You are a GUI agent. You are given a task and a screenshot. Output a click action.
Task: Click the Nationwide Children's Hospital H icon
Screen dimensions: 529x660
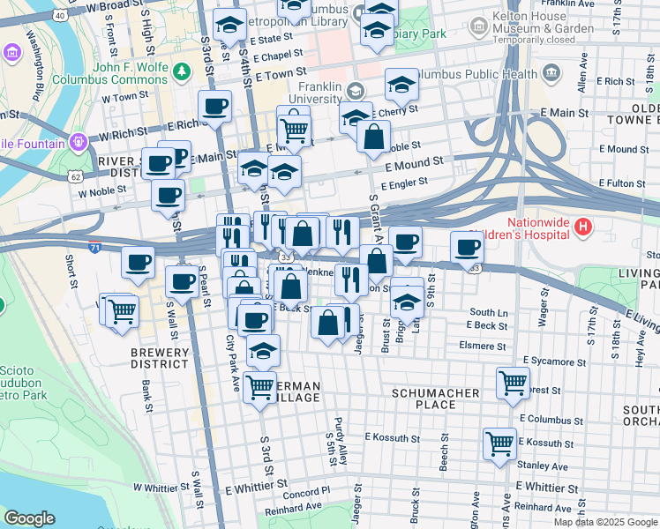click(582, 227)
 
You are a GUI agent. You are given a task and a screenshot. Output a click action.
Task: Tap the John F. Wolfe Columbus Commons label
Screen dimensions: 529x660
click(130, 73)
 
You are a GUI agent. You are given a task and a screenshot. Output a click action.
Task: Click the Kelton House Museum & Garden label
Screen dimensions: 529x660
click(544, 29)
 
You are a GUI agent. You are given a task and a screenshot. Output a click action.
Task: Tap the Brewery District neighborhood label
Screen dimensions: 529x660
click(160, 358)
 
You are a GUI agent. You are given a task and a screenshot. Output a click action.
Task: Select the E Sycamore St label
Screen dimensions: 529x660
click(554, 361)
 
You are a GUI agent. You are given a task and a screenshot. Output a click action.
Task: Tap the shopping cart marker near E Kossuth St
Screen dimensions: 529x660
click(499, 443)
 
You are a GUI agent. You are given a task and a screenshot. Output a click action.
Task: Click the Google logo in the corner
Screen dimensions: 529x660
click(29, 518)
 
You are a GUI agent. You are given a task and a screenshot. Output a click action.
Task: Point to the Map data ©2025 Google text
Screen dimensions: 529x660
click(606, 522)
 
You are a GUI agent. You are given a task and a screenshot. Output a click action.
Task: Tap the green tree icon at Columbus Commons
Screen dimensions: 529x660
click(182, 71)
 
